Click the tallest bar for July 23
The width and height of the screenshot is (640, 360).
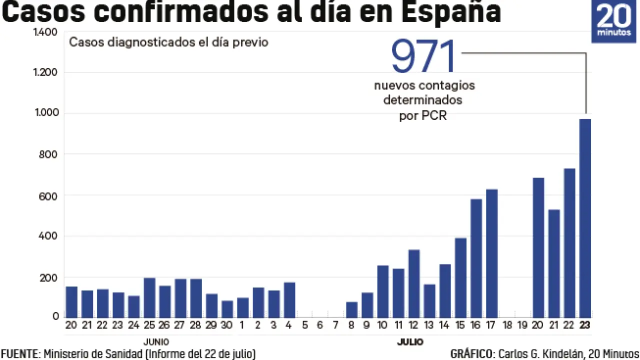[x=585, y=217]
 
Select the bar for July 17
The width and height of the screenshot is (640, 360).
[x=491, y=252]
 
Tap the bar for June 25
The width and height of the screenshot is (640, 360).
[x=149, y=297]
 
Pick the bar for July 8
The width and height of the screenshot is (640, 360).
[x=351, y=309]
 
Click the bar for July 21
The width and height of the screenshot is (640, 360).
[x=554, y=263]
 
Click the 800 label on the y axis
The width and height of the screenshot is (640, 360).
[x=49, y=154]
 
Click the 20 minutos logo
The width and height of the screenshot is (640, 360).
[x=614, y=21]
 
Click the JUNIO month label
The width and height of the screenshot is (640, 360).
[x=156, y=342]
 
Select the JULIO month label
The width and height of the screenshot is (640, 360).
[x=410, y=342]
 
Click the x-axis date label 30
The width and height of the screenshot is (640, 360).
[x=226, y=325]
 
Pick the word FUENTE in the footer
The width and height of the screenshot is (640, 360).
[x=19, y=354]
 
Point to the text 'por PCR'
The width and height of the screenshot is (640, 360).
[x=422, y=116]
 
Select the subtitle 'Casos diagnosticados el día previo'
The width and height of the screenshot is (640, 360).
[x=168, y=42]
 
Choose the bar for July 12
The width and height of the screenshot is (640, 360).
[x=413, y=283]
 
